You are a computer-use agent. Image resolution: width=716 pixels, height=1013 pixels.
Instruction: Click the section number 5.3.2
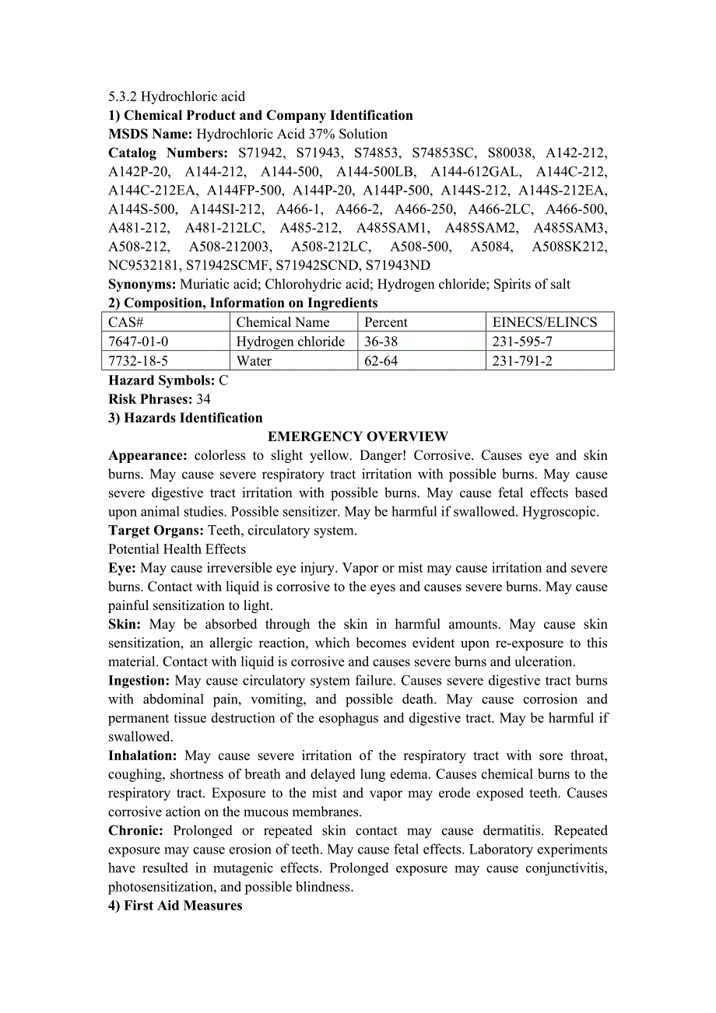click(x=123, y=96)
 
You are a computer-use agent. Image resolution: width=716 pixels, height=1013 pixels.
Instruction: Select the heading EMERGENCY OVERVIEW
click(x=357, y=436)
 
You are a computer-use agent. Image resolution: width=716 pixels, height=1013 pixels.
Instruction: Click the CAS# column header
click(x=126, y=322)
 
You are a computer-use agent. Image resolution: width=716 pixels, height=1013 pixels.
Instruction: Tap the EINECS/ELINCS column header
click(x=545, y=322)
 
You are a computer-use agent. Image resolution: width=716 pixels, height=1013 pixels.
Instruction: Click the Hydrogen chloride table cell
click(x=290, y=342)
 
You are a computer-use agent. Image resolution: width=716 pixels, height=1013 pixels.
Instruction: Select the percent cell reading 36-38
click(x=381, y=342)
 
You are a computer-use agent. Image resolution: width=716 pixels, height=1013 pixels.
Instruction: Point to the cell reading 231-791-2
click(x=522, y=361)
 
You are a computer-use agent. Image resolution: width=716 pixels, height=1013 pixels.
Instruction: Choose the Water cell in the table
click(x=254, y=361)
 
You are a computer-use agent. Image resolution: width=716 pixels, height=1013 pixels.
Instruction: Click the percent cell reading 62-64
click(x=381, y=361)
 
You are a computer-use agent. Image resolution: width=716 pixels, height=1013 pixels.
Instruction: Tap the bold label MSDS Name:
click(x=150, y=134)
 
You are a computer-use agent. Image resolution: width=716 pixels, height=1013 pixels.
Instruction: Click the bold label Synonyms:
click(x=142, y=284)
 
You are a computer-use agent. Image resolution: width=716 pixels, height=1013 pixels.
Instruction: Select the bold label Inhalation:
click(x=142, y=755)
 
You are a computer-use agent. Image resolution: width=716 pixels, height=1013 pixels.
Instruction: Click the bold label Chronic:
click(x=136, y=830)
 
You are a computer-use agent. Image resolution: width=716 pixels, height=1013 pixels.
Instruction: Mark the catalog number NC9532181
click(x=144, y=265)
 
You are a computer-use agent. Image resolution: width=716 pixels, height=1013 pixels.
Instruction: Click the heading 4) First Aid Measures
click(x=175, y=906)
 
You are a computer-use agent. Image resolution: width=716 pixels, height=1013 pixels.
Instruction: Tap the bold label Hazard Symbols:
click(x=161, y=380)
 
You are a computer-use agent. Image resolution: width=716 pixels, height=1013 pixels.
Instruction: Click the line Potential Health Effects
click(x=177, y=549)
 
